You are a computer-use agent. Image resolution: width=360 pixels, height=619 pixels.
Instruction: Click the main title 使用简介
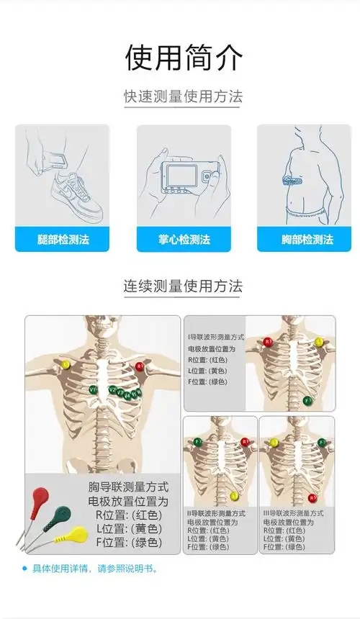pos(184,58)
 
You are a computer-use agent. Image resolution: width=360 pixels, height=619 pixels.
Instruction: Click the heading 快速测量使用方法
pos(183,96)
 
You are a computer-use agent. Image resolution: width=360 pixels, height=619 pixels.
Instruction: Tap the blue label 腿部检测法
pos(62,239)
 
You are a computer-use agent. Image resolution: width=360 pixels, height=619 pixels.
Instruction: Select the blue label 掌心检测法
pos(184,239)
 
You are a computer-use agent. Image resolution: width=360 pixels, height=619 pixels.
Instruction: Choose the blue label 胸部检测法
pos(304,239)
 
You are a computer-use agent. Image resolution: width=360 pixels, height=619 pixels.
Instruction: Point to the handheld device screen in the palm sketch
pos(180,176)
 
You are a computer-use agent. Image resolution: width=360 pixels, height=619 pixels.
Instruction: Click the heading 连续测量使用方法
pos(183,286)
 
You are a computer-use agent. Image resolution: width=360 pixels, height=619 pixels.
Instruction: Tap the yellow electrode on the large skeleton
pos(66,364)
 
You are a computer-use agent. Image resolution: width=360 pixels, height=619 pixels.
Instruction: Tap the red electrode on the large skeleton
pos(140,366)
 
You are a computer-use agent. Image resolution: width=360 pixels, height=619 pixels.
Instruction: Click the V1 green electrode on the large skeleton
pos(93,389)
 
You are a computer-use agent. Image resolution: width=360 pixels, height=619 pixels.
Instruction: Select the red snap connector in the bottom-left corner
pos(40,496)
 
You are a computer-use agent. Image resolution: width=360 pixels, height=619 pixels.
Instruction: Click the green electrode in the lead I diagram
pos(307,399)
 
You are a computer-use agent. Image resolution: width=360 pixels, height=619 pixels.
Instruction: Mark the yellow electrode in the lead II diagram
pos(234,495)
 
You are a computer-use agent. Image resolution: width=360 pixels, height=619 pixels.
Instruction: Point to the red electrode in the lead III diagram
pos(312,497)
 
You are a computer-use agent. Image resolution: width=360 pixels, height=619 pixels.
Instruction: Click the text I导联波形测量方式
pos(216,336)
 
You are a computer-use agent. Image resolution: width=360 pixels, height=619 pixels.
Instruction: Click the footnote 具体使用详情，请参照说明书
pos(94,569)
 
